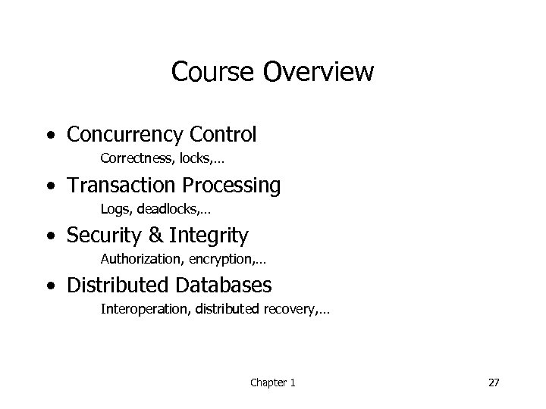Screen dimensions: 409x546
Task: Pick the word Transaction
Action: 117,185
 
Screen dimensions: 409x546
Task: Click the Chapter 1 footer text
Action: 273,383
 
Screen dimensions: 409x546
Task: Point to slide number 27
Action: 494,383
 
